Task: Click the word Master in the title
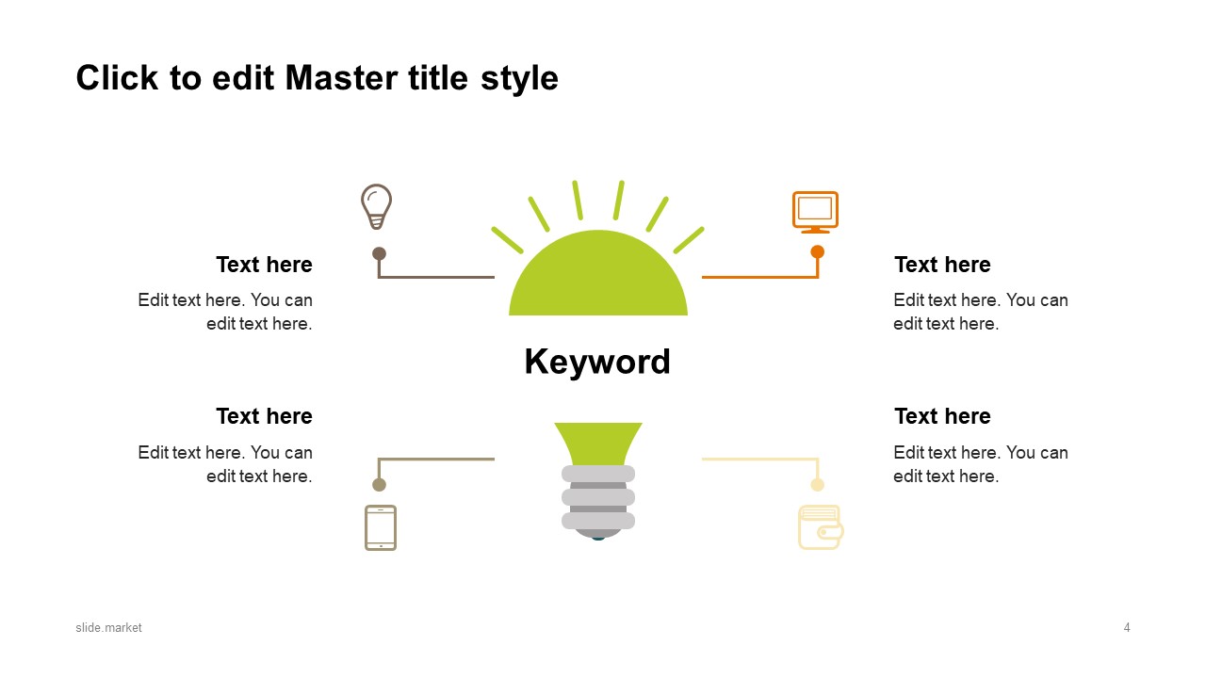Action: tap(342, 78)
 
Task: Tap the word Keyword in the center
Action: tap(597, 361)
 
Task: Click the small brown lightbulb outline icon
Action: tap(376, 207)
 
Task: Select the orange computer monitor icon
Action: tap(815, 212)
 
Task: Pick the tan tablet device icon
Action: tap(381, 527)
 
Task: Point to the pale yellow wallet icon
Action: tap(821, 526)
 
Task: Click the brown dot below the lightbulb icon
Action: tap(379, 253)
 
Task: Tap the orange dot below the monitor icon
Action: tap(817, 251)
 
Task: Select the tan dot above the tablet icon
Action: tap(379, 485)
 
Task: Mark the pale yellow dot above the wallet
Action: tap(817, 485)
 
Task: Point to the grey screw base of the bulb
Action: tap(598, 501)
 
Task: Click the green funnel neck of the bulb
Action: tap(598, 444)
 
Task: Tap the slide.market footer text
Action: tap(108, 627)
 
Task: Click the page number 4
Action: tap(1127, 627)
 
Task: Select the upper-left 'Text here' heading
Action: tap(265, 265)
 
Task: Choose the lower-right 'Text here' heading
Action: tap(942, 416)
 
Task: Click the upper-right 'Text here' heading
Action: tap(942, 265)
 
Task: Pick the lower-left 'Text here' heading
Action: tap(265, 416)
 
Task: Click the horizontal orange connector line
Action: tap(759, 277)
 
